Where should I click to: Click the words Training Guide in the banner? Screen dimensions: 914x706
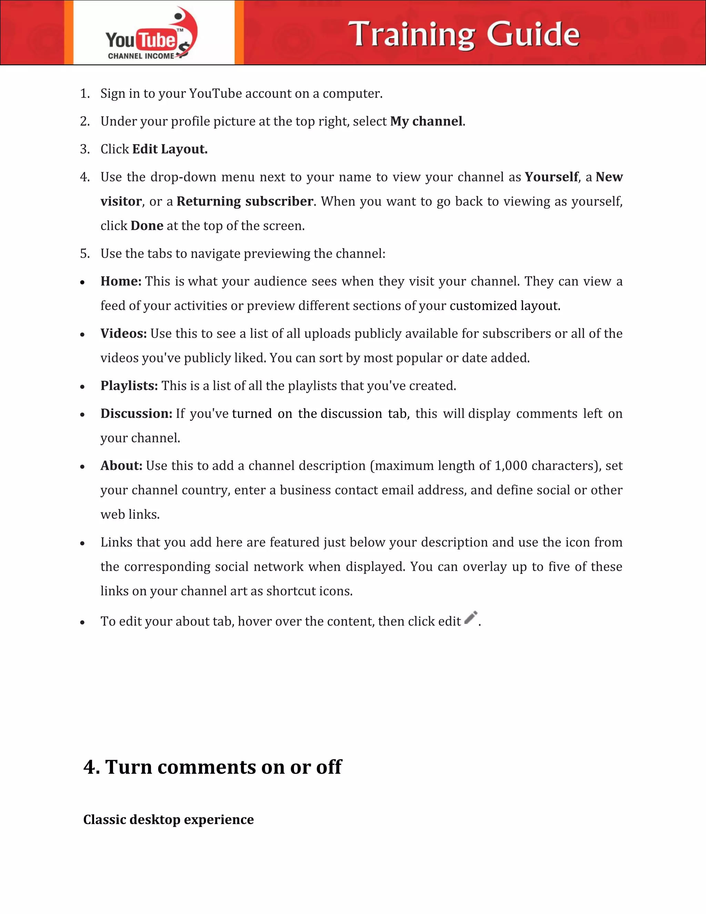[x=464, y=34]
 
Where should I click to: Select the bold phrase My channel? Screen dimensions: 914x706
[x=426, y=121]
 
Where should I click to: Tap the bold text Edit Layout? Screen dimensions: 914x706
[x=170, y=149]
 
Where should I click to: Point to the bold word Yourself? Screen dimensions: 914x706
[x=551, y=177]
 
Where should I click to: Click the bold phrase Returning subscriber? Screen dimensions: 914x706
[x=245, y=201]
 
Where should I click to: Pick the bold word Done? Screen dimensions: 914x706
[x=147, y=226]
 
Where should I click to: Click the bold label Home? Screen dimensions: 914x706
[x=121, y=281]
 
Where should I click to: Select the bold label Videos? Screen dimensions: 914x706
[x=123, y=334]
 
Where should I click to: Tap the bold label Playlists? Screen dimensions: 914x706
[x=129, y=386]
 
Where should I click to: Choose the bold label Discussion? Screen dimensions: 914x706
[x=137, y=414]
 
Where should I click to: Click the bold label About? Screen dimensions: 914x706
[x=121, y=466]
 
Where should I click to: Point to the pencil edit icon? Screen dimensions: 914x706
[x=471, y=618]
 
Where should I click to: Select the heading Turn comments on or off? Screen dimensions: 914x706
[x=212, y=767]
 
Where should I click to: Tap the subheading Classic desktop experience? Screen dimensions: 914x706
[x=168, y=819]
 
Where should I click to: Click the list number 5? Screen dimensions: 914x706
[x=84, y=254]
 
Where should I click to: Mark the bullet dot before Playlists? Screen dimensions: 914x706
[x=82, y=387]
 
